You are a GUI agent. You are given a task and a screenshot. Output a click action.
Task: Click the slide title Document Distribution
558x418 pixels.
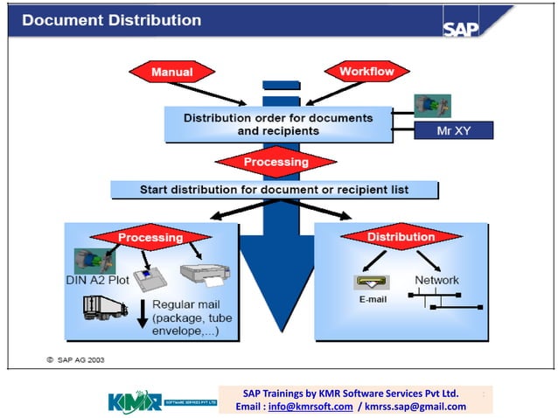click(111, 19)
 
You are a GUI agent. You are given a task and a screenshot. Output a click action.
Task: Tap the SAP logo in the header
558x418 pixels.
click(461, 27)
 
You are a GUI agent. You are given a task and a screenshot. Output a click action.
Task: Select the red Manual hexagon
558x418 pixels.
click(171, 71)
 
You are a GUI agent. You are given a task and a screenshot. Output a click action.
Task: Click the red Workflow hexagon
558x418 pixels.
click(366, 70)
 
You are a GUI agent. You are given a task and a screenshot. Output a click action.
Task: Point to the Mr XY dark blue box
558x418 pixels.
click(453, 131)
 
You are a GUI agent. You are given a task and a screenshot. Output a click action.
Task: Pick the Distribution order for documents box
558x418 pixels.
click(278, 124)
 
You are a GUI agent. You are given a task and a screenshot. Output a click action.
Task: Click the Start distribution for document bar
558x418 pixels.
click(274, 190)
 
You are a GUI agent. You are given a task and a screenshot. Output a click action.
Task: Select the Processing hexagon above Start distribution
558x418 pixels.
click(276, 162)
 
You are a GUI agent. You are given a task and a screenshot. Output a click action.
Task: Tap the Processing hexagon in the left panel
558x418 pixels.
click(150, 237)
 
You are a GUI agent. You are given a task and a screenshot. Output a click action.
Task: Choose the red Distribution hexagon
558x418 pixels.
click(400, 237)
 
